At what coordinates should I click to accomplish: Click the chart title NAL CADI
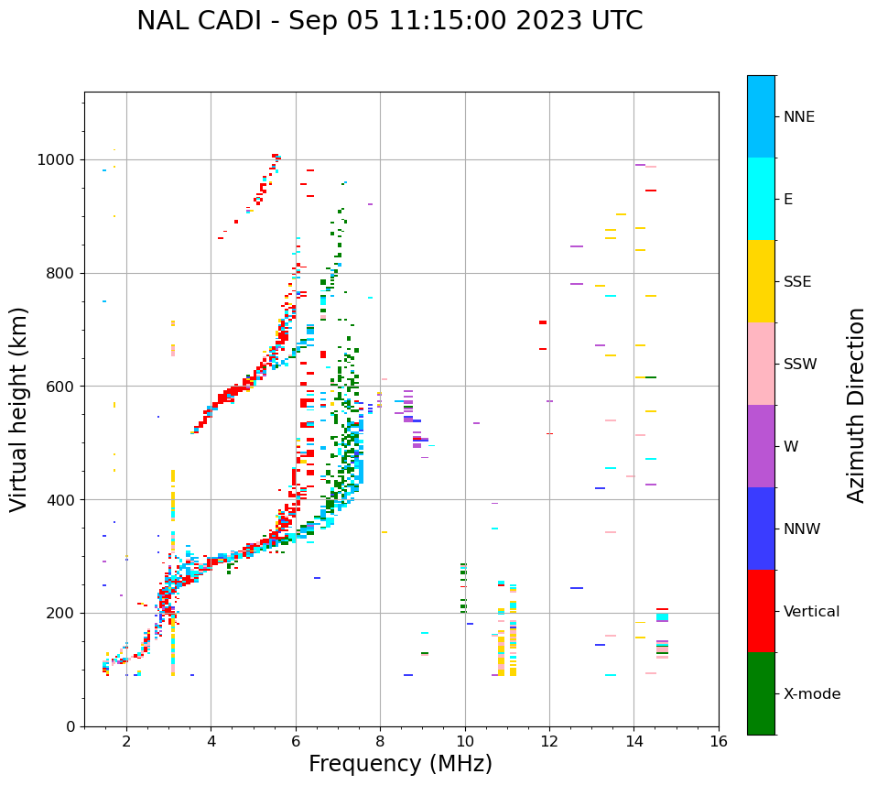(389, 21)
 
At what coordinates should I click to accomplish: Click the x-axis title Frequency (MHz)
(400, 764)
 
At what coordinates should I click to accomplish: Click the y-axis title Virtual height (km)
(19, 409)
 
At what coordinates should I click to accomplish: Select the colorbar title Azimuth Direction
(856, 405)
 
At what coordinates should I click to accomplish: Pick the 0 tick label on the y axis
(70, 727)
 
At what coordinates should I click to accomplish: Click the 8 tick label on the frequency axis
(380, 740)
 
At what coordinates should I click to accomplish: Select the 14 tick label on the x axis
(634, 740)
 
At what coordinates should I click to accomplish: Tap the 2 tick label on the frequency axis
(126, 740)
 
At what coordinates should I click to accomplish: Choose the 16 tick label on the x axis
(719, 740)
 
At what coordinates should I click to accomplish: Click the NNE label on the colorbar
(798, 117)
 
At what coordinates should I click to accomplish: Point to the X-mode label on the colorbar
(811, 694)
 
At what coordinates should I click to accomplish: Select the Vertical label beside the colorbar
(811, 612)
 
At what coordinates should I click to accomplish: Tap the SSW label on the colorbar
(800, 365)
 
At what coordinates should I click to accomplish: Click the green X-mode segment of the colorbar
(761, 693)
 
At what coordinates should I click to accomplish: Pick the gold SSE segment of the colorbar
(761, 281)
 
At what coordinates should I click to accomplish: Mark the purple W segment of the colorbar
(761, 446)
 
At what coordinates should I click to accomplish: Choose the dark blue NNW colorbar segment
(761, 529)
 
